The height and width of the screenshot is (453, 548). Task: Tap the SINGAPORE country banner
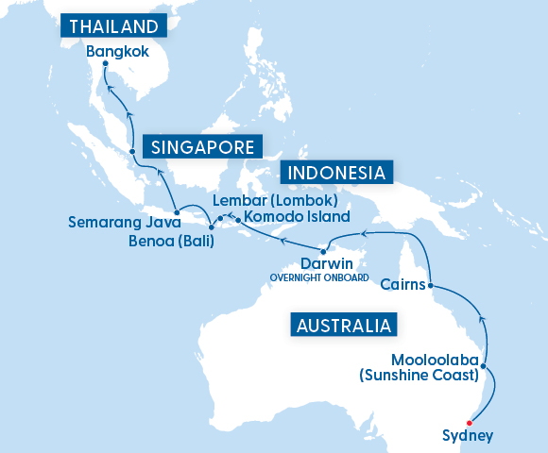[x=201, y=146]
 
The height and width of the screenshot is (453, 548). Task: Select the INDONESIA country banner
[x=337, y=173]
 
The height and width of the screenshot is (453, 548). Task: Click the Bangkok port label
[x=116, y=51]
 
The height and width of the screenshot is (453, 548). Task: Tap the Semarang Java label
[x=118, y=223]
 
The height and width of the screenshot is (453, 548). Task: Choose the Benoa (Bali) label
[x=170, y=241]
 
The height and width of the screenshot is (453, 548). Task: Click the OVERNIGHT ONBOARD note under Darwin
[x=318, y=277]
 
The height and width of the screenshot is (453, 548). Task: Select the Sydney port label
[x=467, y=435]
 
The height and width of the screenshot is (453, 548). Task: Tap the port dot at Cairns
[x=430, y=285]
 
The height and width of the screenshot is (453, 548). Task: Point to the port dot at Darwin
[x=323, y=250]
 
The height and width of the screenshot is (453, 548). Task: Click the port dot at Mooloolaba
[x=484, y=365]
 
